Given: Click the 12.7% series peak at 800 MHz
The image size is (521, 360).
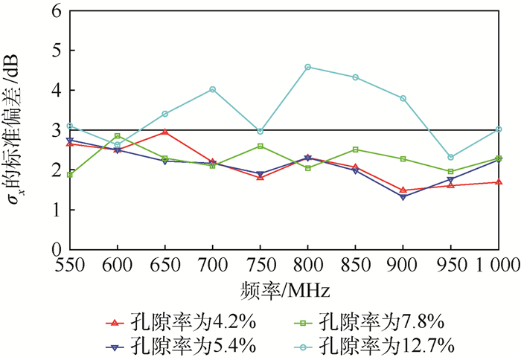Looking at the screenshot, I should (307, 67).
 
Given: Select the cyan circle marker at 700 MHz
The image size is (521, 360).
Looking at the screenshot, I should (212, 89).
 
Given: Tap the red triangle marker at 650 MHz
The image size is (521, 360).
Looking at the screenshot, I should (164, 132).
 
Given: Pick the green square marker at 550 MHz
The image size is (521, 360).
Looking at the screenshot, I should (69, 175).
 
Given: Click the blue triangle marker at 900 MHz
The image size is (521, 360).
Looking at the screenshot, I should (403, 197).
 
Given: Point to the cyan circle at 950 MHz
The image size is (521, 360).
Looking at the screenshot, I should (450, 157).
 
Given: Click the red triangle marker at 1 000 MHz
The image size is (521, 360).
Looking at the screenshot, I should (498, 181).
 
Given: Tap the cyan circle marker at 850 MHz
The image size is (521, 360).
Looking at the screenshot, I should (355, 77).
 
